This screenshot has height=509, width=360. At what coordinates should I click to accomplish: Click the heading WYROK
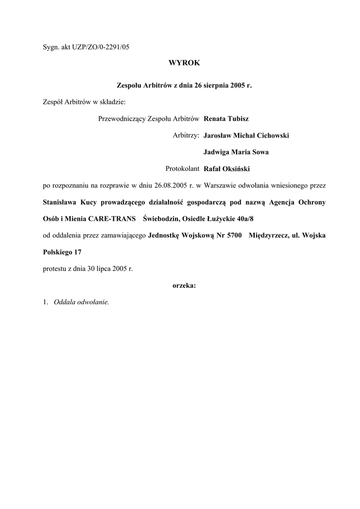pos(184,63)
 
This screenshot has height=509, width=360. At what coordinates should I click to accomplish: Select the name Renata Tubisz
pos(226,119)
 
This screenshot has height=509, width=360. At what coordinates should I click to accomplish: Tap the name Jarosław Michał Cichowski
pos(246,135)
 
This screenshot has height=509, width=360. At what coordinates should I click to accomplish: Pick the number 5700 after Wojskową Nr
pos(234,235)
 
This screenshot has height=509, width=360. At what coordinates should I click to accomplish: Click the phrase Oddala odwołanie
pos(81,302)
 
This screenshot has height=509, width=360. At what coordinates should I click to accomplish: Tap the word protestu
pos(55,268)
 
